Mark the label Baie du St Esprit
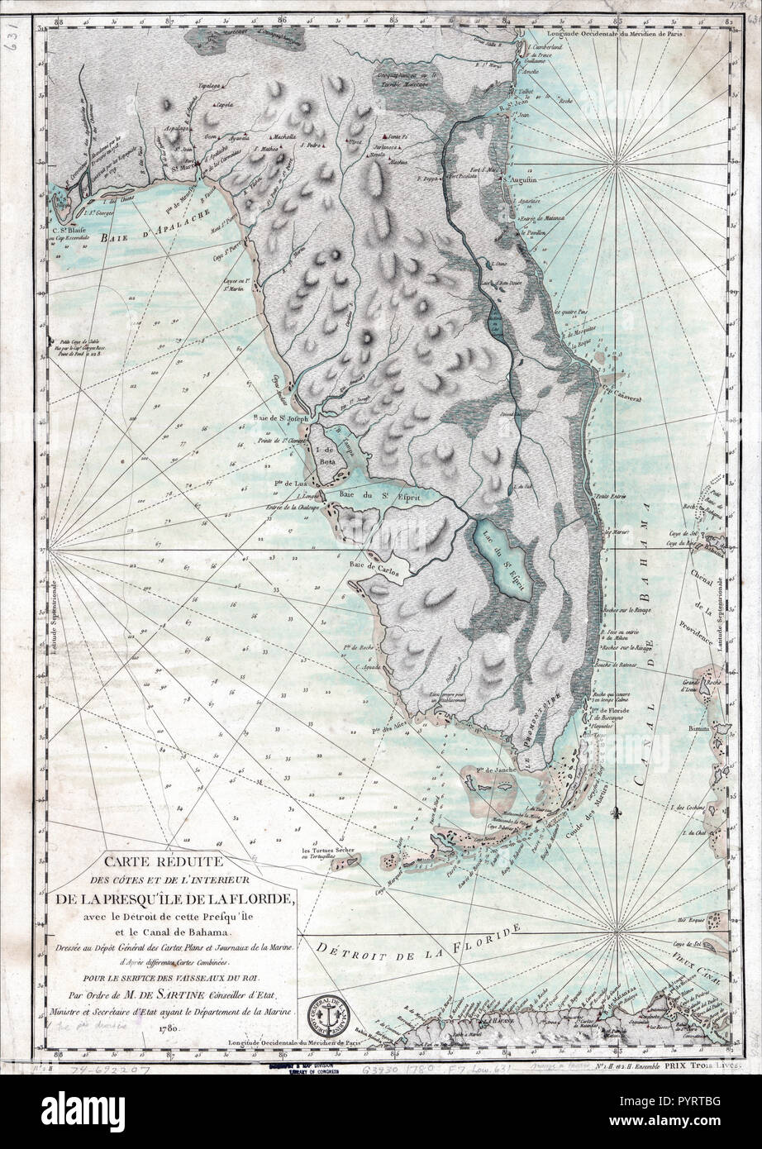coord(375,495)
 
